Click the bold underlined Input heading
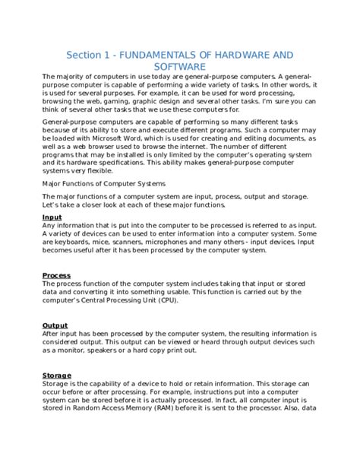(x=52, y=217)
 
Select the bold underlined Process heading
(x=56, y=275)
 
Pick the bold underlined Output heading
(x=55, y=325)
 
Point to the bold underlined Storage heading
(x=57, y=376)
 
